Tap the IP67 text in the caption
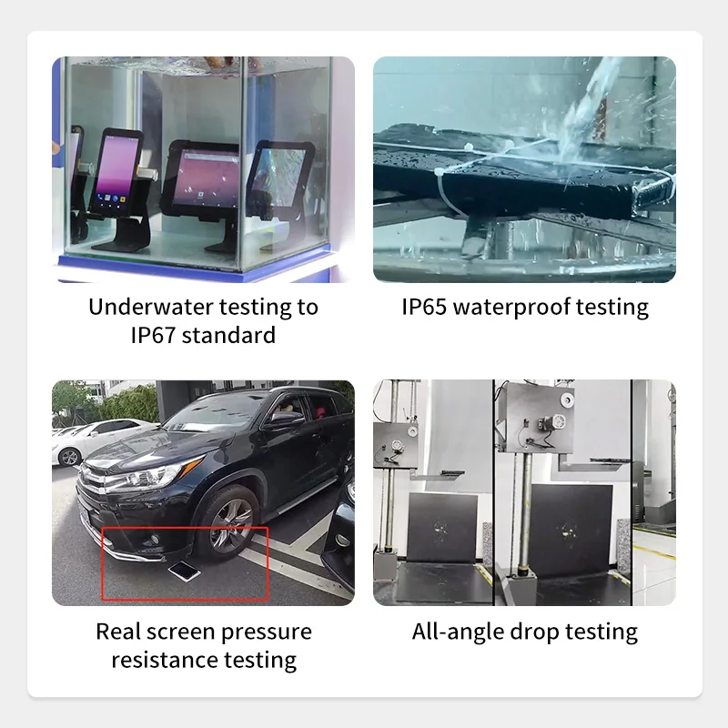point(152,335)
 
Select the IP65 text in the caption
point(424,307)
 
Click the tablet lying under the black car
point(185,571)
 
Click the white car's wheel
point(70,457)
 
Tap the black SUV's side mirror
point(283,419)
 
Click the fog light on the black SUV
point(155,539)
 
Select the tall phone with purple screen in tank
point(116,173)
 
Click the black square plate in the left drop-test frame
point(442,528)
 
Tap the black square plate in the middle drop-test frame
point(571,529)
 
